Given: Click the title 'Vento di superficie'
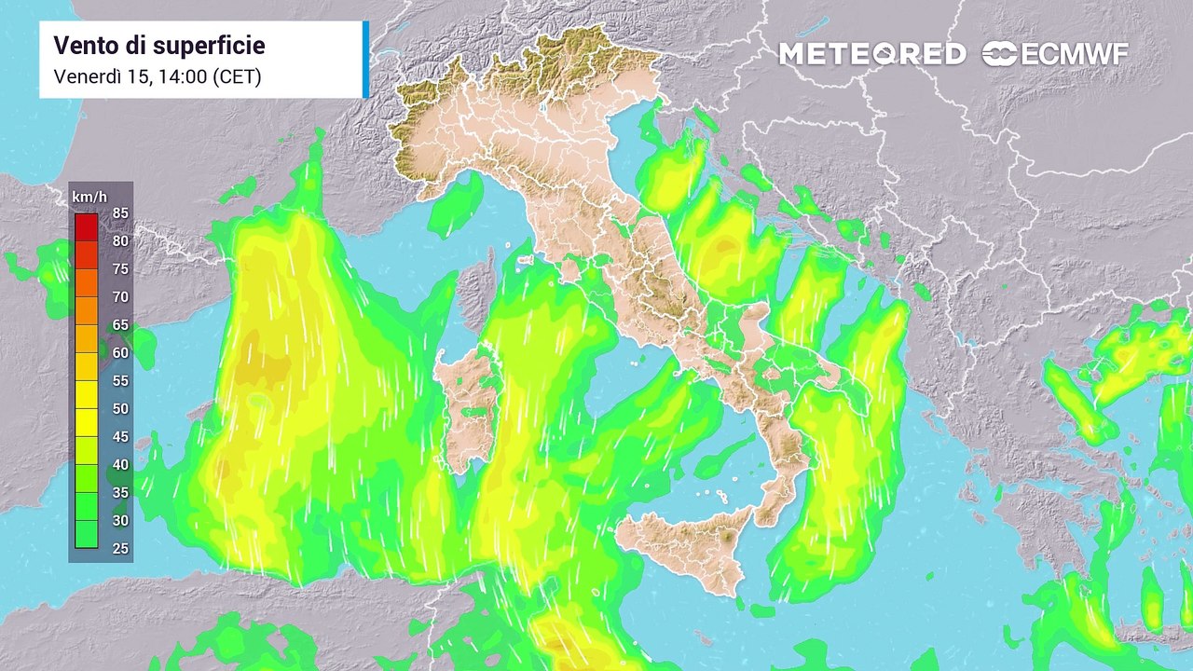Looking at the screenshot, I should pos(159,46).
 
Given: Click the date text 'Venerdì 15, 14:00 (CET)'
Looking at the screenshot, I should pos(158,77).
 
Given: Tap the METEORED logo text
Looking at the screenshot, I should pos(872,54).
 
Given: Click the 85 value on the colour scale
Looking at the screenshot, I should pos(120,213).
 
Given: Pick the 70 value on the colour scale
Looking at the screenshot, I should pos(120,297).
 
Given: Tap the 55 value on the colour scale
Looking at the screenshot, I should pos(120,381).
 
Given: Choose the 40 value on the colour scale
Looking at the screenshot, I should pos(120,465).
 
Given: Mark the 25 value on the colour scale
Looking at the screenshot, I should pos(120,549).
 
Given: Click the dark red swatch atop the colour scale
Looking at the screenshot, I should pos(87,226).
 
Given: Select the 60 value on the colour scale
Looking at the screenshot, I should pos(120,353).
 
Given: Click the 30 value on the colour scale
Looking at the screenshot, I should pos(120,521).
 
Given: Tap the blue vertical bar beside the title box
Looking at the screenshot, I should pos(365,60).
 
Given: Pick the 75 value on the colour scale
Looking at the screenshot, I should pos(120,269).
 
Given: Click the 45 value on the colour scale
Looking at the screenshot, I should pos(120,437).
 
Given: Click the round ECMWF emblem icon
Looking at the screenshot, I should pos(999,54).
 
